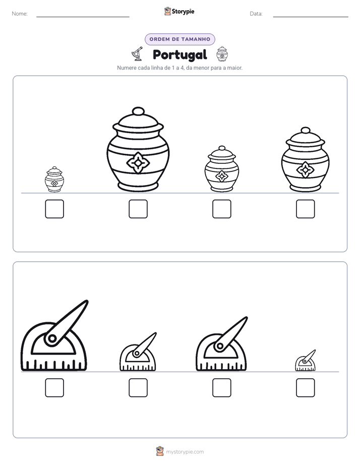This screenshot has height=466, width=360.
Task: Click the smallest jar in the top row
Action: tap(54, 180)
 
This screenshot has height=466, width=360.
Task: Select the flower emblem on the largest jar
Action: tap(138, 163)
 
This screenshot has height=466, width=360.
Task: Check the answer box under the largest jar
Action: tap(138, 209)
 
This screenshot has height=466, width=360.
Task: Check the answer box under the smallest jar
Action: tap(54, 209)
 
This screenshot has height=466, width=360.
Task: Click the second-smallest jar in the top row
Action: tap(222, 169)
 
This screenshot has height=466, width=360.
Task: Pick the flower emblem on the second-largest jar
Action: tap(306, 170)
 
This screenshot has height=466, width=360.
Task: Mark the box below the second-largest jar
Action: tap(306, 209)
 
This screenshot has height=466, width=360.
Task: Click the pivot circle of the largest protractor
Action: tap(52, 338)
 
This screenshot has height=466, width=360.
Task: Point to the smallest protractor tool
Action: tap(305, 361)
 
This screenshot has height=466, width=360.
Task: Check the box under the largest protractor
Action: tap(54, 387)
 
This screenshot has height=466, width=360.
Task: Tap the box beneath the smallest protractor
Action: tap(306, 387)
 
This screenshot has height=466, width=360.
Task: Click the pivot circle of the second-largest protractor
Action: tap(220, 346)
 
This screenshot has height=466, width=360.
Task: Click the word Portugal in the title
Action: tap(179, 55)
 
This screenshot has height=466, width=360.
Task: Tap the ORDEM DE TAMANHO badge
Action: tap(179, 39)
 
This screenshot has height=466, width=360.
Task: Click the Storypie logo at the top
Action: tap(179, 11)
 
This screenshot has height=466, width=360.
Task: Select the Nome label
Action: tap(20, 14)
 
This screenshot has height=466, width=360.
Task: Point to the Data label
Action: tap(256, 14)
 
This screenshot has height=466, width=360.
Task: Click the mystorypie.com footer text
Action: tap(185, 452)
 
